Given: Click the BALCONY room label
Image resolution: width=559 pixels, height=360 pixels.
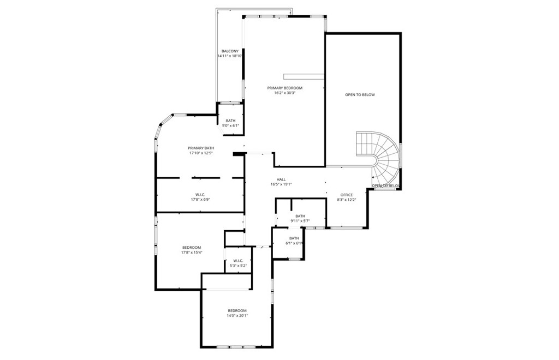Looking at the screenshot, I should pos(230,51).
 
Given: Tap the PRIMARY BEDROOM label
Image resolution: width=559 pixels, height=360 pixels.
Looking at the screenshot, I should pos(284,88).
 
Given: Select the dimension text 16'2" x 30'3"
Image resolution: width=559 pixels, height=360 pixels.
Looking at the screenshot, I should pos(284,93).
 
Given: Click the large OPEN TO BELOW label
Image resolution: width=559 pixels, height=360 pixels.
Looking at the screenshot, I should pos(360,95).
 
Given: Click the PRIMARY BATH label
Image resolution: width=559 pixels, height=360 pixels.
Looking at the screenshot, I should pos(201,148).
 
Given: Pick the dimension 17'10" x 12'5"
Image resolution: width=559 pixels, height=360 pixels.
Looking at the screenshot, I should pos(201,153).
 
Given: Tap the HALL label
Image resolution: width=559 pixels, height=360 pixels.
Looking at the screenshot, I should pos(281,179).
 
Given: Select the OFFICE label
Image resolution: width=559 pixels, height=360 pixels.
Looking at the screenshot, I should pos(347,195).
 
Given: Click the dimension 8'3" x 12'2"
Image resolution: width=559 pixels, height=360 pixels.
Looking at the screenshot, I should pos(347,200).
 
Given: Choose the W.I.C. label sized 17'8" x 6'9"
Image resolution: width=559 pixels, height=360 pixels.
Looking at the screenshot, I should pos(200,194).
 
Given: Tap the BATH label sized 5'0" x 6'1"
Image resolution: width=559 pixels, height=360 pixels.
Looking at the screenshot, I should pos(230,121).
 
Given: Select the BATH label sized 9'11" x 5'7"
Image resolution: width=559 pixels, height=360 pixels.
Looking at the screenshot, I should pos(300,215).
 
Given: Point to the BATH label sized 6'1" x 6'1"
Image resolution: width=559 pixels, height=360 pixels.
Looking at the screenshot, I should pos(294,238).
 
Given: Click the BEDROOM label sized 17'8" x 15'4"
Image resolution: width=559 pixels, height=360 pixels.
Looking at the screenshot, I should pos(192,247).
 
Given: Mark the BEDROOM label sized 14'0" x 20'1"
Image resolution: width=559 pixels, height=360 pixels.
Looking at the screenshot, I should pos(237,310).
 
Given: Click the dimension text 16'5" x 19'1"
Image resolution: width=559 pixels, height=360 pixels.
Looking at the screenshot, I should pos(281,184).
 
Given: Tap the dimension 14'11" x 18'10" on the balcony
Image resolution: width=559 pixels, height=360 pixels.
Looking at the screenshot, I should pos(230,56).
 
